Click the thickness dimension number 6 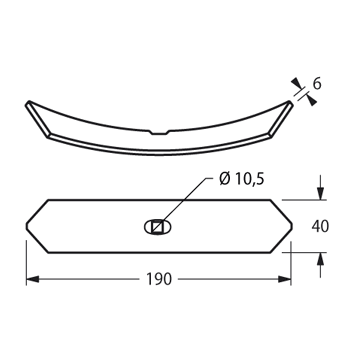click(x=317, y=84)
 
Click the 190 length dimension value click(x=159, y=279)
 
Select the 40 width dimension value click(x=320, y=227)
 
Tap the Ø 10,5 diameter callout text click(x=242, y=179)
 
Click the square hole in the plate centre click(x=157, y=227)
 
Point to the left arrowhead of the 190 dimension click(x=33, y=279)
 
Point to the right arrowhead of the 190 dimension click(x=285, y=279)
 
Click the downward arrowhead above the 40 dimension click(x=320, y=193)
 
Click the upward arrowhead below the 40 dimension click(x=320, y=259)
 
